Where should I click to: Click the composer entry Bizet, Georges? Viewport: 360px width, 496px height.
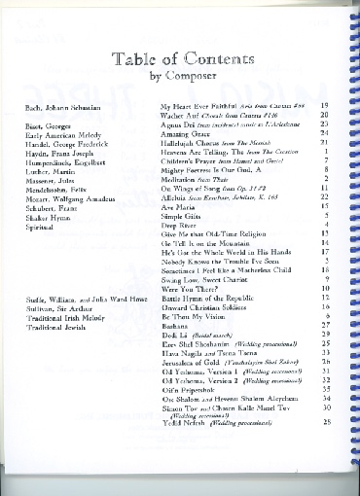tap(61, 125)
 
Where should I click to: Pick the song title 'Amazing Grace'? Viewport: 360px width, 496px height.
tap(186, 134)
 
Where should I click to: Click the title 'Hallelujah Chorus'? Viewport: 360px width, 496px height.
tap(192, 143)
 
